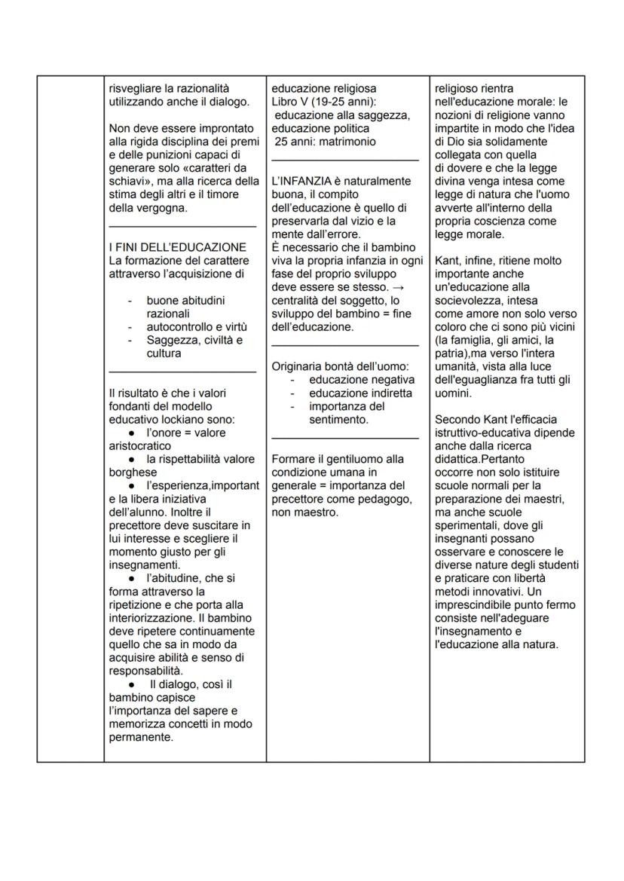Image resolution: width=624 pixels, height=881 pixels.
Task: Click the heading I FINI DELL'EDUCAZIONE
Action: click(x=177, y=247)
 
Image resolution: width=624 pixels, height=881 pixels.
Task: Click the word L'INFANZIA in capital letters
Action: click(x=299, y=181)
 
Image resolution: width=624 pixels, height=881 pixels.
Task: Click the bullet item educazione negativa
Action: click(x=360, y=380)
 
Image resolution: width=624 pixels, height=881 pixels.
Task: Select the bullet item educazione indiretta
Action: click(x=360, y=393)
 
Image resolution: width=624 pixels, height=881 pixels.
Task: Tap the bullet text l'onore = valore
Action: click(x=186, y=433)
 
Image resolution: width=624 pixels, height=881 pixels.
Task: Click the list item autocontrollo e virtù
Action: click(x=197, y=327)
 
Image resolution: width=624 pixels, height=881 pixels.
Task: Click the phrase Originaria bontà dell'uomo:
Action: click(x=338, y=366)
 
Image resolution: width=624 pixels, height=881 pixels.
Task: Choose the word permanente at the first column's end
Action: click(x=141, y=738)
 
